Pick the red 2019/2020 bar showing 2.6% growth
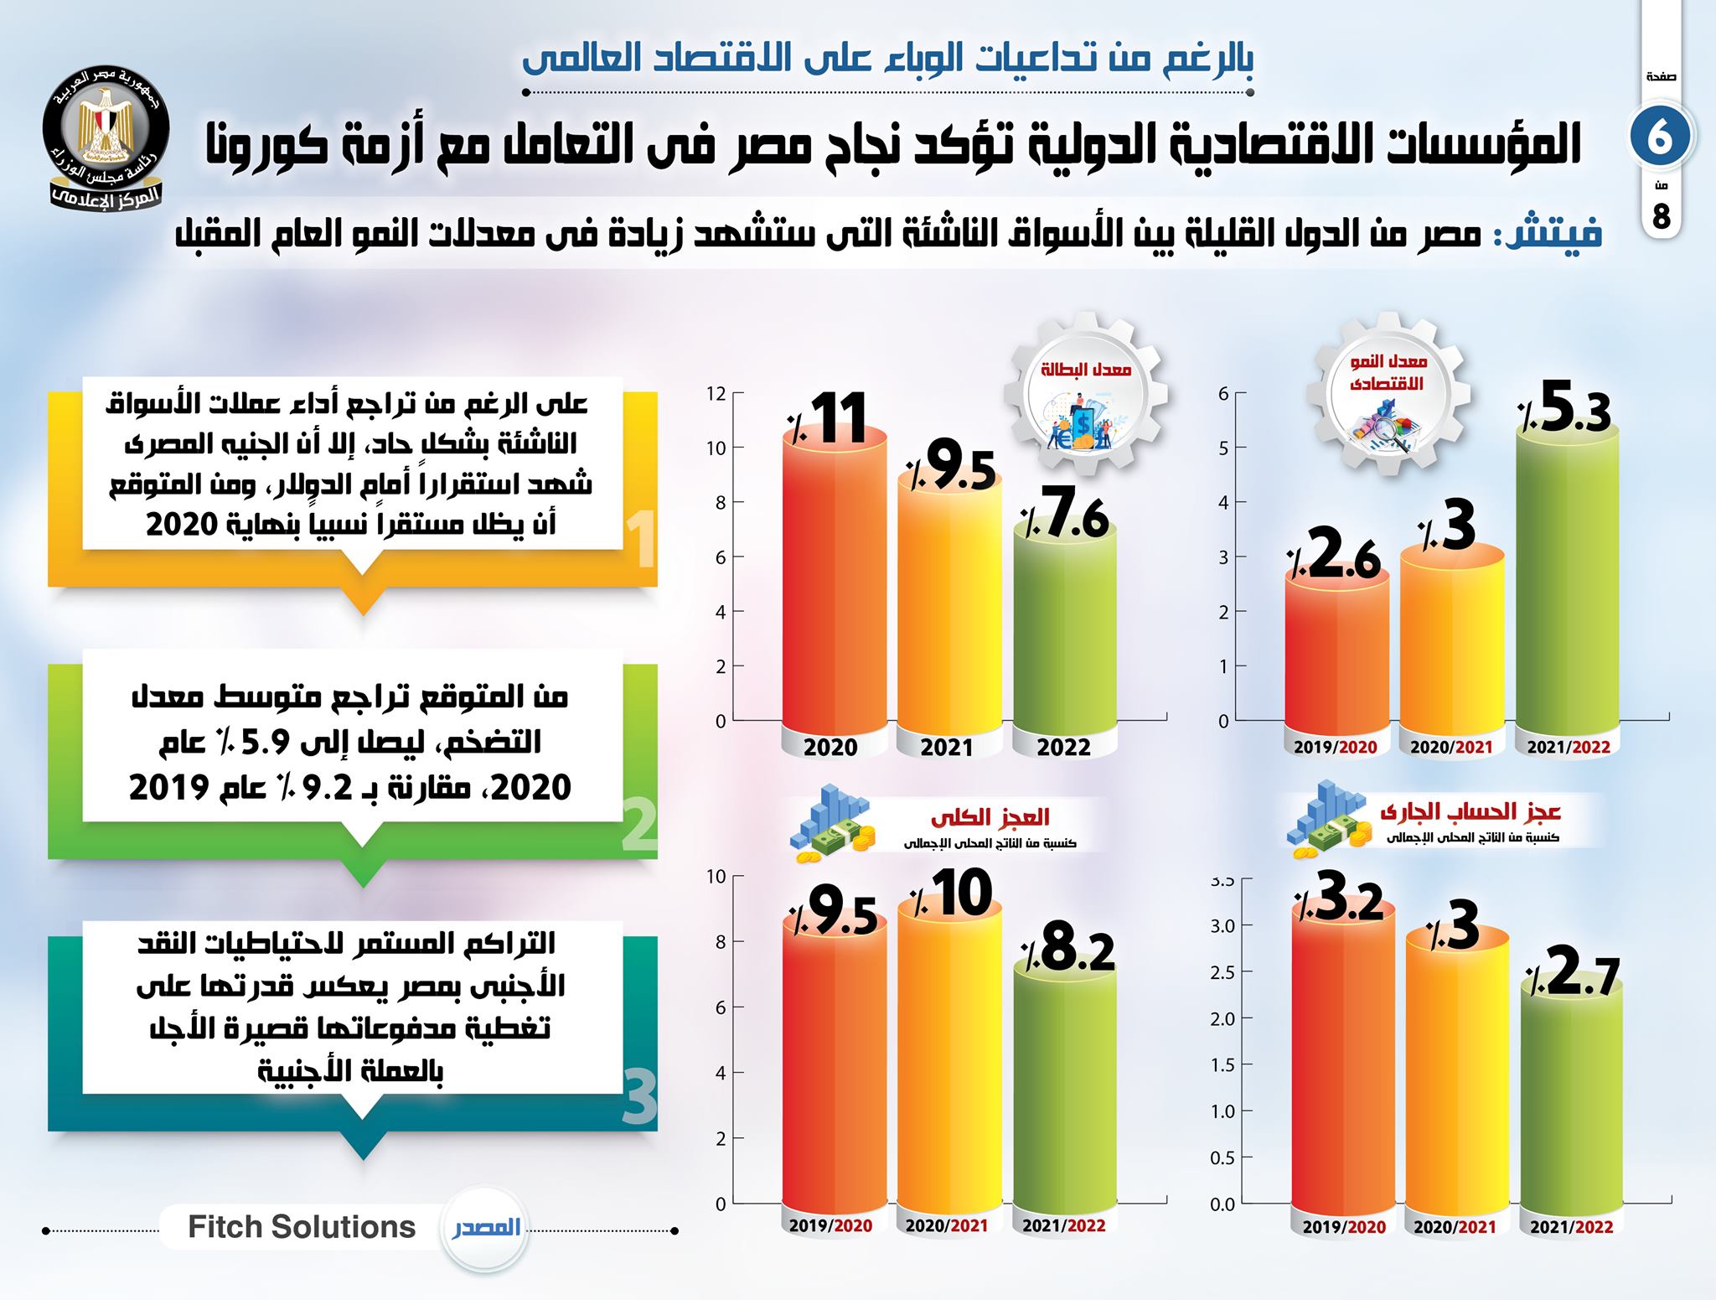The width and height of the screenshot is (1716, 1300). [1336, 654]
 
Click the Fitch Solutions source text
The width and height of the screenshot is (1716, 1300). [302, 1227]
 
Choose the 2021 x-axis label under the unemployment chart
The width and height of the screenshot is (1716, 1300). [947, 747]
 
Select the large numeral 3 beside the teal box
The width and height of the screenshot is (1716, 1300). [641, 1098]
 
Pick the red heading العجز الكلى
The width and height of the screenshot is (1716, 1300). [990, 816]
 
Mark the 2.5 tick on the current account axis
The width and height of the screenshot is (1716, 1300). [1223, 972]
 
